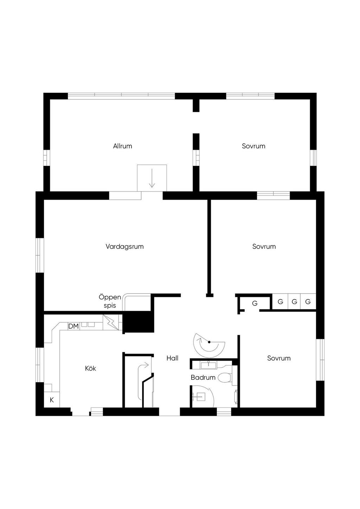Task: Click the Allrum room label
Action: tap(122, 146)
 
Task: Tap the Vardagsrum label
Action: tap(124, 246)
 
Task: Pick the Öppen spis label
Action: tap(110, 301)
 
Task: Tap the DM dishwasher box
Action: tap(73, 326)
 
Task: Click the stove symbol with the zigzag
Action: tap(111, 322)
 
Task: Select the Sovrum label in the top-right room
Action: tap(253, 146)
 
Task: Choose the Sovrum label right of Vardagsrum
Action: tap(264, 246)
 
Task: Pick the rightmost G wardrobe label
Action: tap(308, 302)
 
